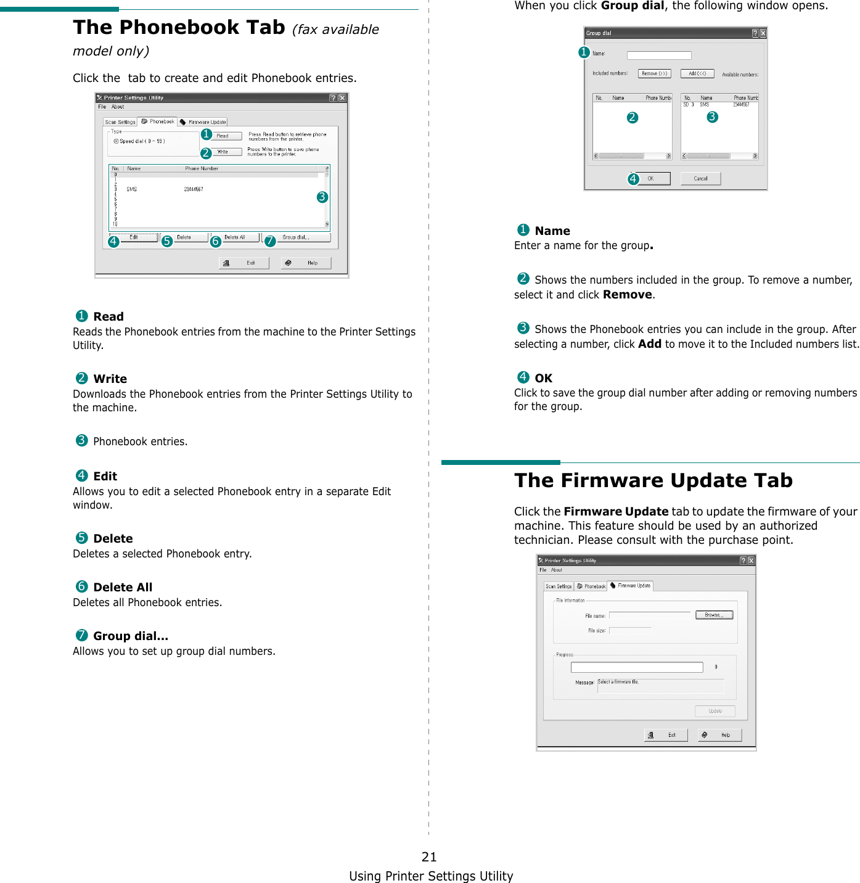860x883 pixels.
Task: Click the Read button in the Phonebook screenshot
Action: coord(226,136)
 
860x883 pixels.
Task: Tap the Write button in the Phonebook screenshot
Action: coord(226,152)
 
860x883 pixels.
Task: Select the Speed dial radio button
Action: coord(116,141)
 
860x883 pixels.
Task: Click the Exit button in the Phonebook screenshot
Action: coord(244,263)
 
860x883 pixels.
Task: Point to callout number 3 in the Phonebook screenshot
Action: coord(322,197)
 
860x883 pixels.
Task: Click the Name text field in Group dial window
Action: coord(658,55)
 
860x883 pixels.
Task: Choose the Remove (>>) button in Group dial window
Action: coord(654,73)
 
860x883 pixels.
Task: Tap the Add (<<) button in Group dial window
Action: coord(697,73)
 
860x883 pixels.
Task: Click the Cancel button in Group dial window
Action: coord(700,179)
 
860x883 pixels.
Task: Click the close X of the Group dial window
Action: coord(763,33)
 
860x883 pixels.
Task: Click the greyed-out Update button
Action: coord(715,711)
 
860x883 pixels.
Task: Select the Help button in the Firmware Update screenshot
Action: coord(719,735)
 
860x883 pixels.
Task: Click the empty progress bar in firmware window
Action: coord(636,667)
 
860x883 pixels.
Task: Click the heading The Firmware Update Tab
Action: coord(653,480)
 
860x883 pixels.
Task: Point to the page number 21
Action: coord(429,856)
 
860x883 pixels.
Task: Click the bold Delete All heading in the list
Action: coord(123,588)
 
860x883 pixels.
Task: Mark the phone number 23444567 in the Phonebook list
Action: coord(194,189)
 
